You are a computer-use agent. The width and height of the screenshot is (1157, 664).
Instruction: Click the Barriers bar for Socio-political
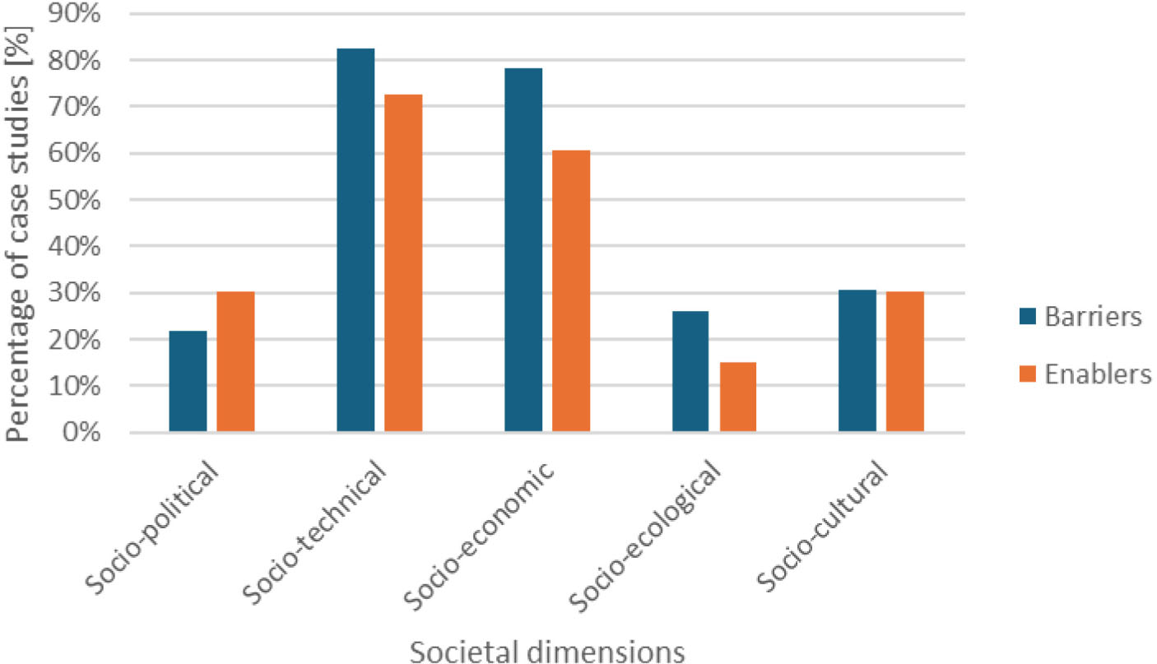pyautogui.click(x=188, y=381)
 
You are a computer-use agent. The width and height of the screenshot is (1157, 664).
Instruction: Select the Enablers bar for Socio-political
pyautogui.click(x=235, y=362)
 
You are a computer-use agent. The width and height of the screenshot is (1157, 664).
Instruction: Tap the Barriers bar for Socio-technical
pyautogui.click(x=355, y=240)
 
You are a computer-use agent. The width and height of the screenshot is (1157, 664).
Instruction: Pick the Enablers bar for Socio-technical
pyautogui.click(x=403, y=263)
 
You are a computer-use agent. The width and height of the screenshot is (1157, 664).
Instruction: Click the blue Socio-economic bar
pyautogui.click(x=523, y=250)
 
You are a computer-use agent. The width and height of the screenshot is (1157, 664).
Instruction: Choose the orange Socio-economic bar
pyautogui.click(x=571, y=291)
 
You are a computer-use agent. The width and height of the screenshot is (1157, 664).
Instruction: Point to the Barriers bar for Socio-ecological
pyautogui.click(x=690, y=371)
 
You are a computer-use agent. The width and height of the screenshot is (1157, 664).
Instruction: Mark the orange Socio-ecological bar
pyautogui.click(x=738, y=397)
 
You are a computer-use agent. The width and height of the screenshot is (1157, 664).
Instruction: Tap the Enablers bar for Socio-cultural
pyautogui.click(x=905, y=362)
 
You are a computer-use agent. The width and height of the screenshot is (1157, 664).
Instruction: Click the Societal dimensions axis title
pyautogui.click(x=547, y=651)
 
